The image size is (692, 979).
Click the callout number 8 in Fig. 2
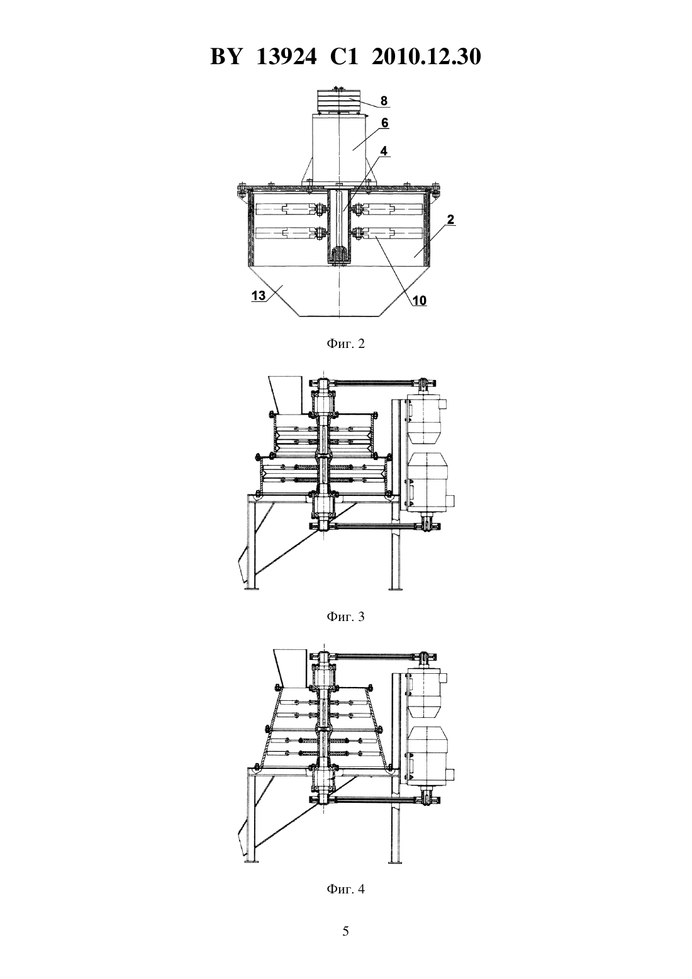[x=384, y=101]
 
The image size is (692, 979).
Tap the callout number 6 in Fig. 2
[x=384, y=123]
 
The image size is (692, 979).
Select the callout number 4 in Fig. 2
[x=384, y=151]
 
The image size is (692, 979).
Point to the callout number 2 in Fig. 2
[x=450, y=220]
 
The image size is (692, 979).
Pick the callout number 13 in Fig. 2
[x=259, y=296]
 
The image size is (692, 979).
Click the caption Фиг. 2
[x=345, y=344]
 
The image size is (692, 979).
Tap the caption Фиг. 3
[x=345, y=617]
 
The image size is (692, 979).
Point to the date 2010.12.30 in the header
[x=427, y=57]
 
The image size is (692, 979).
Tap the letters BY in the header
[x=225, y=57]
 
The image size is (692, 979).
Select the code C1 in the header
[x=344, y=57]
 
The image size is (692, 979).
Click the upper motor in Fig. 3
[x=425, y=417]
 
